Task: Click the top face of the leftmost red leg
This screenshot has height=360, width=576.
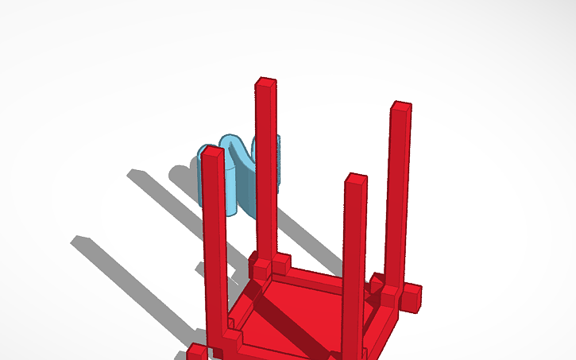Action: tap(211, 150)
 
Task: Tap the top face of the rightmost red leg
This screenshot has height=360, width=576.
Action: tap(401, 106)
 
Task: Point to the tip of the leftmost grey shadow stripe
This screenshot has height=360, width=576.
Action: tap(76, 240)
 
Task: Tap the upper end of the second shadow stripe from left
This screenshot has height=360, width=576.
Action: tap(132, 172)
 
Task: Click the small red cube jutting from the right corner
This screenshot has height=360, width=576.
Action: tap(410, 298)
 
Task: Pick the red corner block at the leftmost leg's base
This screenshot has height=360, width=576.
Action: tap(230, 342)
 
